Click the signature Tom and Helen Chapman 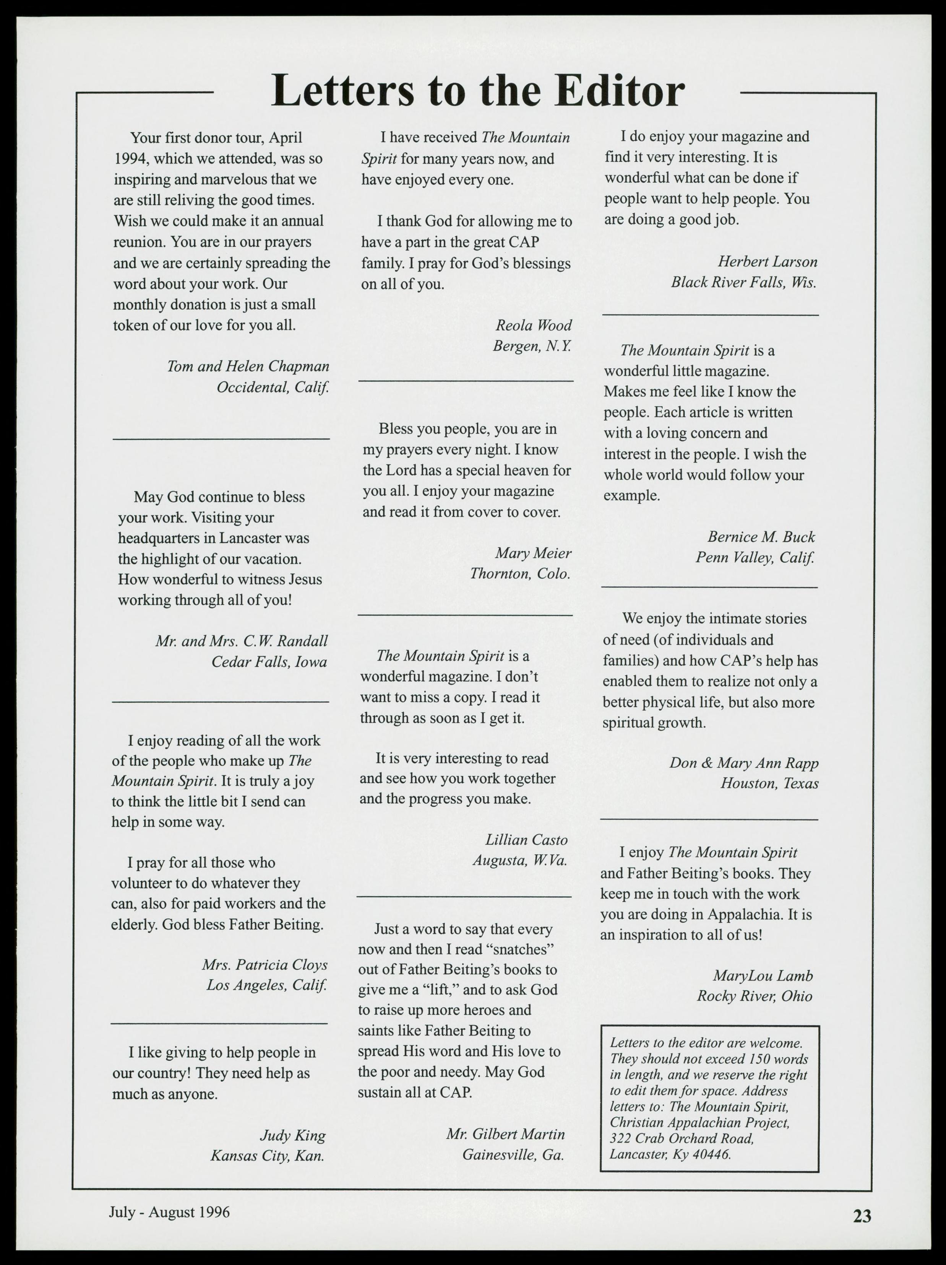[248, 366]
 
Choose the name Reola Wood [533, 326]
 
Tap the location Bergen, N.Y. [532, 346]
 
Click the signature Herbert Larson [767, 262]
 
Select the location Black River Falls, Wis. [744, 283]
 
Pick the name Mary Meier [533, 553]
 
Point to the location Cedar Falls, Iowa [269, 662]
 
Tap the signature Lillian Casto [526, 840]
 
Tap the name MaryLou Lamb [762, 976]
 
